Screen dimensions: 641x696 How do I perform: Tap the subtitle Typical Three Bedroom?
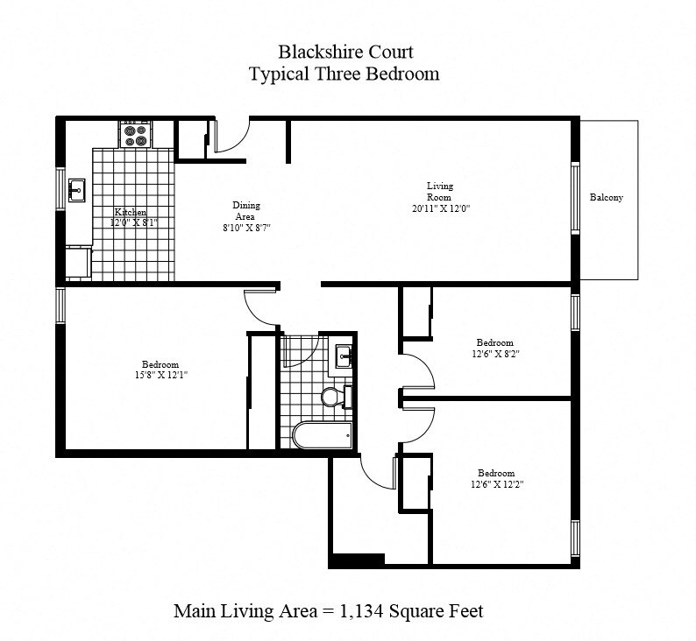click(x=344, y=74)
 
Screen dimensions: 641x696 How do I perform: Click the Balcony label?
click(x=606, y=197)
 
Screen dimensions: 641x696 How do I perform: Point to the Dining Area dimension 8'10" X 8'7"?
click(x=246, y=227)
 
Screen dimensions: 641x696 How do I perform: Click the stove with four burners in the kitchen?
click(x=135, y=135)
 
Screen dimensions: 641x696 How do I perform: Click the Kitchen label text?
click(x=130, y=212)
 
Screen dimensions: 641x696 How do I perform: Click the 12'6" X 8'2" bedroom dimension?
click(x=494, y=354)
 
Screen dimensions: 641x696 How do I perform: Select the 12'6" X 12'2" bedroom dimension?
click(x=495, y=483)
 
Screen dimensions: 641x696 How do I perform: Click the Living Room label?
click(x=440, y=191)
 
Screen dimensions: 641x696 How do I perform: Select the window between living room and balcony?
click(x=576, y=198)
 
